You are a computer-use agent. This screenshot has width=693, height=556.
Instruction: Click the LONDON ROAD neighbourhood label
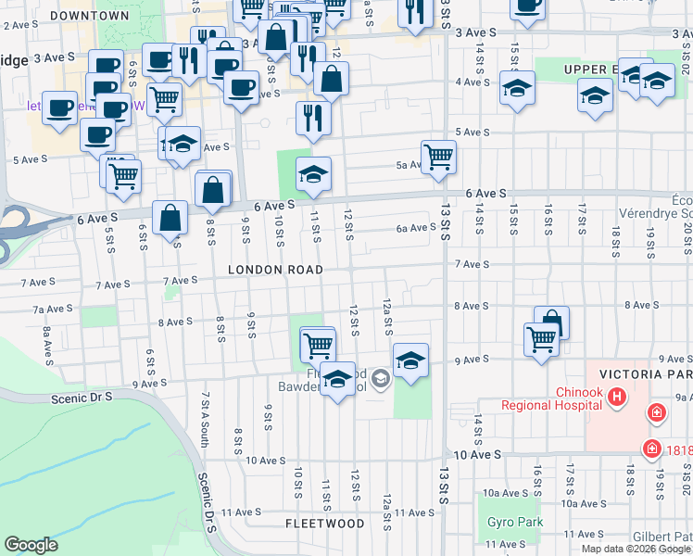tap(276, 270)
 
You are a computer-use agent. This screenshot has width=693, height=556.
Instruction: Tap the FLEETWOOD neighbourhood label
tap(324, 524)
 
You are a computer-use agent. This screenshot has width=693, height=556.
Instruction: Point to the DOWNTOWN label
tap(90, 16)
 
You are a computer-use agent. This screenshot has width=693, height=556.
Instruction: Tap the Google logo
tap(31, 545)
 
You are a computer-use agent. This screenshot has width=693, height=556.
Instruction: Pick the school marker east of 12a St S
tap(410, 359)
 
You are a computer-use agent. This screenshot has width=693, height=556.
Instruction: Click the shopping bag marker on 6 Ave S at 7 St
tap(171, 219)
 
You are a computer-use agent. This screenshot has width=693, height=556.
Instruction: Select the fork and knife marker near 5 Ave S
tap(313, 118)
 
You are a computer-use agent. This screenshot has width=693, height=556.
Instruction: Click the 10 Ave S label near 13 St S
tap(479, 455)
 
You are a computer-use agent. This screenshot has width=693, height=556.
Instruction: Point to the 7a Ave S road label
tap(52, 309)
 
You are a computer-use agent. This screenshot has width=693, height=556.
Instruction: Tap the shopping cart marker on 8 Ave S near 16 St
tap(540, 337)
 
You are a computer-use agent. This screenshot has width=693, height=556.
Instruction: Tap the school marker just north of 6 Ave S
tap(313, 173)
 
